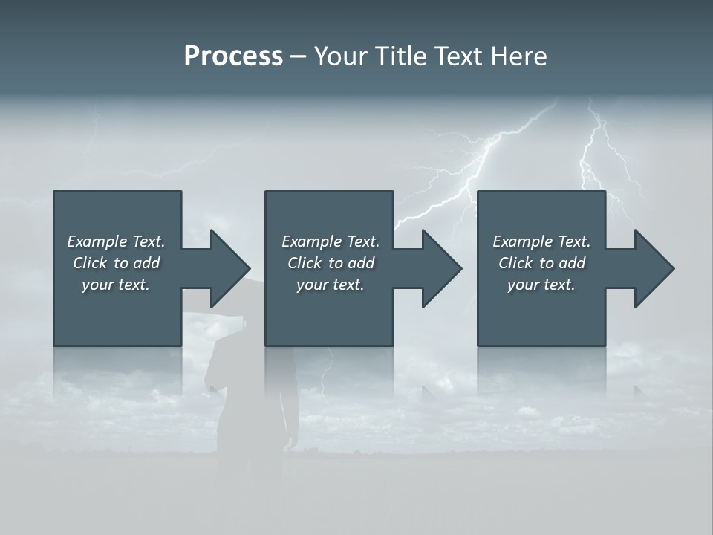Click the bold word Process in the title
[233, 56]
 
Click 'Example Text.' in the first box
[116, 241]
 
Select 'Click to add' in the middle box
[331, 263]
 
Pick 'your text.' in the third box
[541, 285]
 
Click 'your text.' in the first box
[116, 285]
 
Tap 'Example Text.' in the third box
[541, 241]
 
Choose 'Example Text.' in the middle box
[331, 241]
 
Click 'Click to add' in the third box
[541, 263]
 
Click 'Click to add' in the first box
[116, 263]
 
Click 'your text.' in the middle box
[331, 285]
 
